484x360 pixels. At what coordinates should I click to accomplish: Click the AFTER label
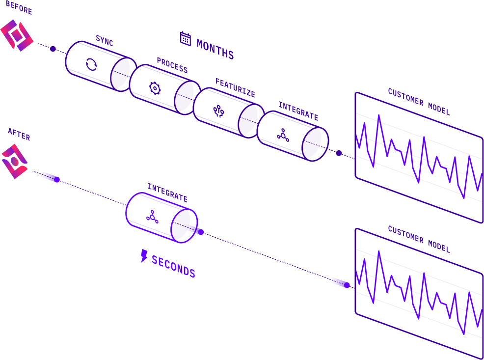tap(19, 134)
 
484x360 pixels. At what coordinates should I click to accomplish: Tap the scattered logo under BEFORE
tap(17, 35)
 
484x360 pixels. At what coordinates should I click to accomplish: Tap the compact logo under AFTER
tap(14, 161)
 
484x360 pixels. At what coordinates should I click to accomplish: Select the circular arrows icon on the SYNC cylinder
tap(91, 64)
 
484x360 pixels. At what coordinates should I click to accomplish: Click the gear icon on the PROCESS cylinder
tap(155, 88)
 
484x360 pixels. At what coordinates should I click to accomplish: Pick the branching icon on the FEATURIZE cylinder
tap(219, 111)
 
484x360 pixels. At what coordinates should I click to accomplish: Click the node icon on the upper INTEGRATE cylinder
tap(283, 135)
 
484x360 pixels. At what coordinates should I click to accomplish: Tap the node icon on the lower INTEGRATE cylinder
tap(152, 217)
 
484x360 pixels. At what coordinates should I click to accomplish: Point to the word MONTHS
tap(215, 49)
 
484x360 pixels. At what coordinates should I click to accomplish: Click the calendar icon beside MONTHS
tap(186, 38)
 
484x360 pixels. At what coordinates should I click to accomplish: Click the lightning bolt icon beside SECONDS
tap(144, 255)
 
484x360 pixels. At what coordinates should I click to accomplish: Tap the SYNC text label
tap(105, 41)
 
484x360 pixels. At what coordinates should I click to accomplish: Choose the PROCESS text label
tap(172, 64)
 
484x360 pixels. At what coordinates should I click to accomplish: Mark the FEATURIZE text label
tap(235, 87)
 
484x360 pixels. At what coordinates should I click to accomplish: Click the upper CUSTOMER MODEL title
tap(419, 101)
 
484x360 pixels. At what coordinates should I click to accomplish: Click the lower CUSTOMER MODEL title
tap(419, 239)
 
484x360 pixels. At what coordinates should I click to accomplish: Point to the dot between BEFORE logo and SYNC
tap(53, 49)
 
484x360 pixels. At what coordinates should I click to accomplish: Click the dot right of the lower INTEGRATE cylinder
tap(200, 232)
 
